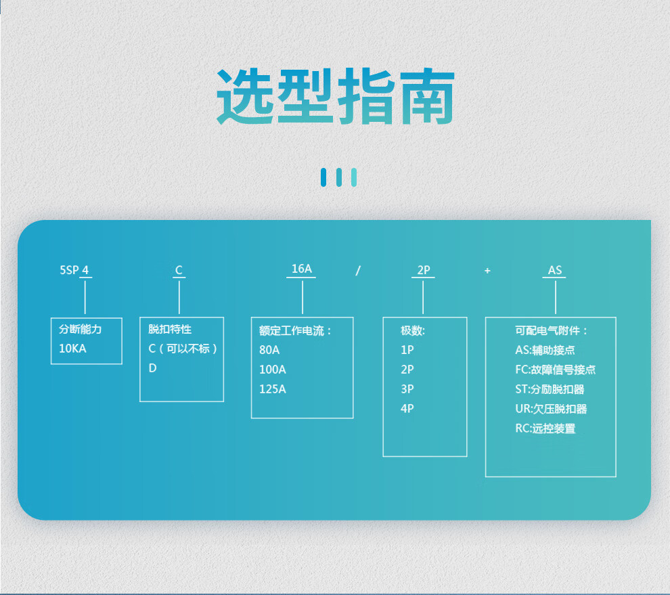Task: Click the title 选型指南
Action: [x=335, y=96]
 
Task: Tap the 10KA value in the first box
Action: [x=73, y=349]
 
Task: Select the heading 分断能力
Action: [x=81, y=330]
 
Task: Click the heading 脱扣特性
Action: [x=170, y=330]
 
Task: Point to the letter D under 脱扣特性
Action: [x=152, y=368]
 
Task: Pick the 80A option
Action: [x=269, y=350]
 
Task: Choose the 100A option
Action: [x=273, y=370]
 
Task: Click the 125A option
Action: [x=273, y=389]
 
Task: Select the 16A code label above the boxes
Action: [x=302, y=269]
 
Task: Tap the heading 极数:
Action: [x=413, y=330]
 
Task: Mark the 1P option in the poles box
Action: [x=407, y=350]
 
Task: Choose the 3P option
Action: [x=407, y=389]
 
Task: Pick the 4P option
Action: [x=407, y=409]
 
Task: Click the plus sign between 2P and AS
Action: [x=487, y=271]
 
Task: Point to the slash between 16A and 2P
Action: [x=358, y=271]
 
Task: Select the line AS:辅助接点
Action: [x=545, y=350]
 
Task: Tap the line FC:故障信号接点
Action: [x=555, y=370]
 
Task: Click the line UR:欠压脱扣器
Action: [x=551, y=409]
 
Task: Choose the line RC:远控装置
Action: [x=545, y=428]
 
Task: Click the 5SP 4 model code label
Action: [x=74, y=270]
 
